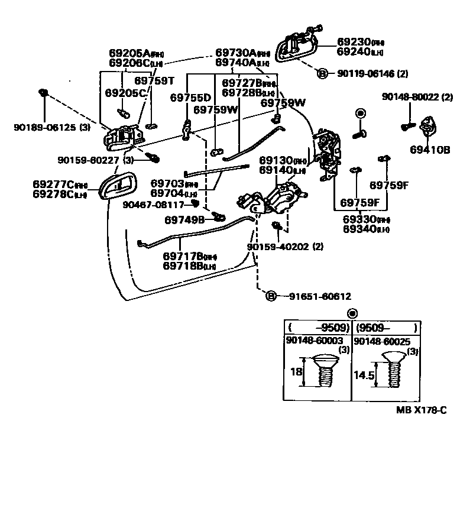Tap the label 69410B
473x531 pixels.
pyautogui.click(x=430, y=150)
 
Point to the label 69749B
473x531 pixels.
pyautogui.click(x=184, y=219)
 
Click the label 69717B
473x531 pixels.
pyautogui.click(x=183, y=256)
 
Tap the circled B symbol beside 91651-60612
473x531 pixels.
pyautogui.click(x=271, y=296)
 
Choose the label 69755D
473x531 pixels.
pyautogui.click(x=190, y=98)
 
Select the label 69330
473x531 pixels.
pyautogui.click(x=359, y=218)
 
